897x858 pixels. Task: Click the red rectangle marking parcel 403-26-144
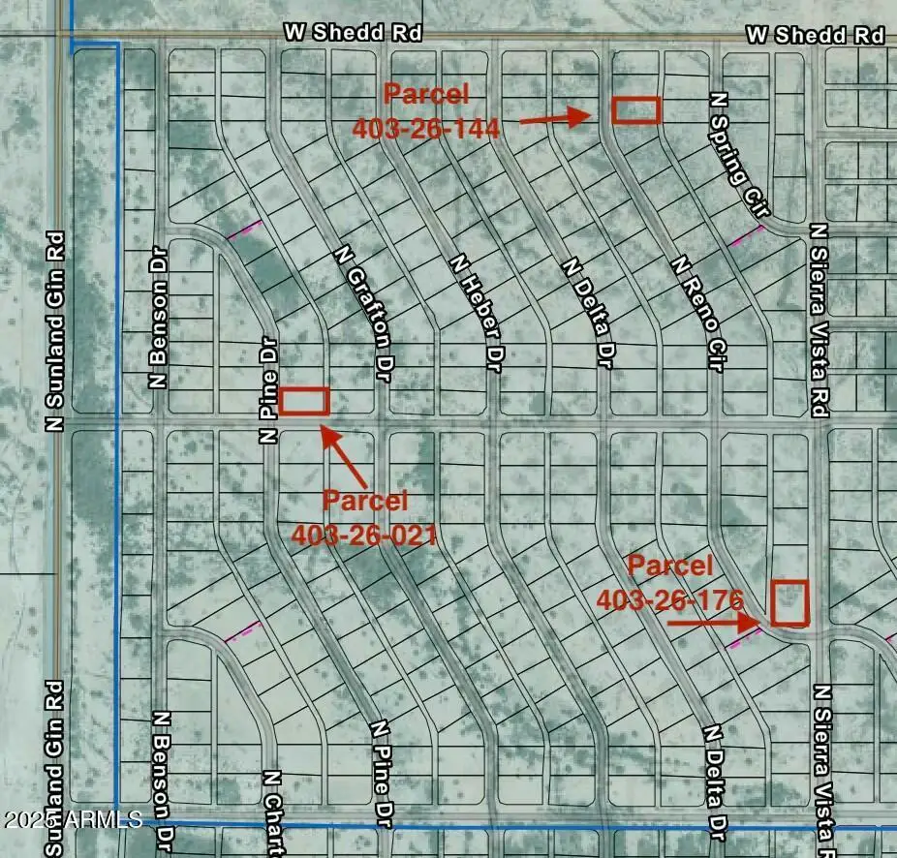(x=635, y=110)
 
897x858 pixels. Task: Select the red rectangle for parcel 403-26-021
(x=305, y=401)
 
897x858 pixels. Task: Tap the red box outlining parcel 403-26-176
(x=789, y=602)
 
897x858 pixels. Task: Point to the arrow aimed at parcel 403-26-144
(x=554, y=118)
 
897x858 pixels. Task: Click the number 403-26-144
(x=426, y=128)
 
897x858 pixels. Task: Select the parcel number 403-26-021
(x=364, y=534)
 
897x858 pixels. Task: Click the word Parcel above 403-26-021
(x=365, y=501)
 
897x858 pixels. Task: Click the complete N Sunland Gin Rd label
(x=55, y=330)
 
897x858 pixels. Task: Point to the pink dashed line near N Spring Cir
(x=747, y=235)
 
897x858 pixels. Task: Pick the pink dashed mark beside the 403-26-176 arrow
(x=744, y=634)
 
